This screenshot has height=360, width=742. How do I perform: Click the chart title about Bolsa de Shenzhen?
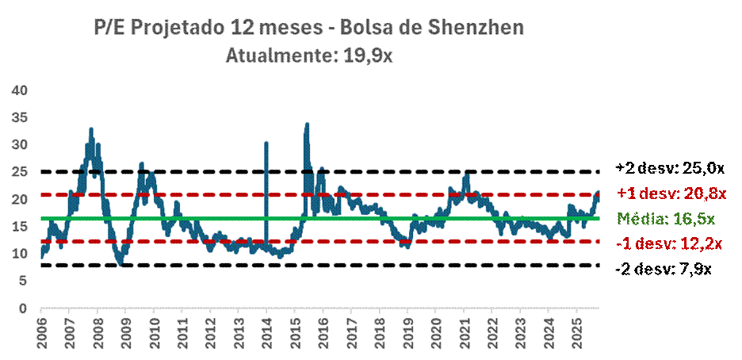pos(308,29)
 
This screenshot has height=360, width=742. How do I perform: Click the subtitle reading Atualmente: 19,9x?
pos(308,56)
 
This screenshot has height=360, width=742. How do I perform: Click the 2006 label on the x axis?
pos(41,335)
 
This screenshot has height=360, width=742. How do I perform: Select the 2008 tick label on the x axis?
pos(97,335)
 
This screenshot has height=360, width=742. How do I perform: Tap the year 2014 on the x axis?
pos(266,335)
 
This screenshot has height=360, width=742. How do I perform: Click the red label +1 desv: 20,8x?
pos(671,193)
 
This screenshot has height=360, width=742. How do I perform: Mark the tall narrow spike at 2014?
pos(266,144)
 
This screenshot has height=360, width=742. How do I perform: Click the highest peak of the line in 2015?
pos(307,124)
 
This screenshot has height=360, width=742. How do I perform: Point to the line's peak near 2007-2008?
pos(91,129)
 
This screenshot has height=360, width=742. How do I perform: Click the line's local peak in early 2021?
pos(467,174)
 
